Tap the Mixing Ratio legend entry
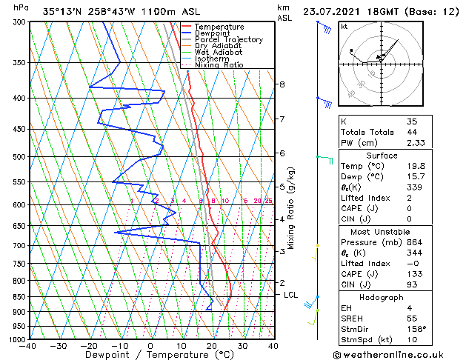pos(219,65)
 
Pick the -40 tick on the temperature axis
pos(28,346)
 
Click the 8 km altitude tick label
pos(282,84)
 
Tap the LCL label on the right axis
pos(290,295)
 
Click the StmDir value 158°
pos(416,329)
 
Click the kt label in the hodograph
pos(344,26)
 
